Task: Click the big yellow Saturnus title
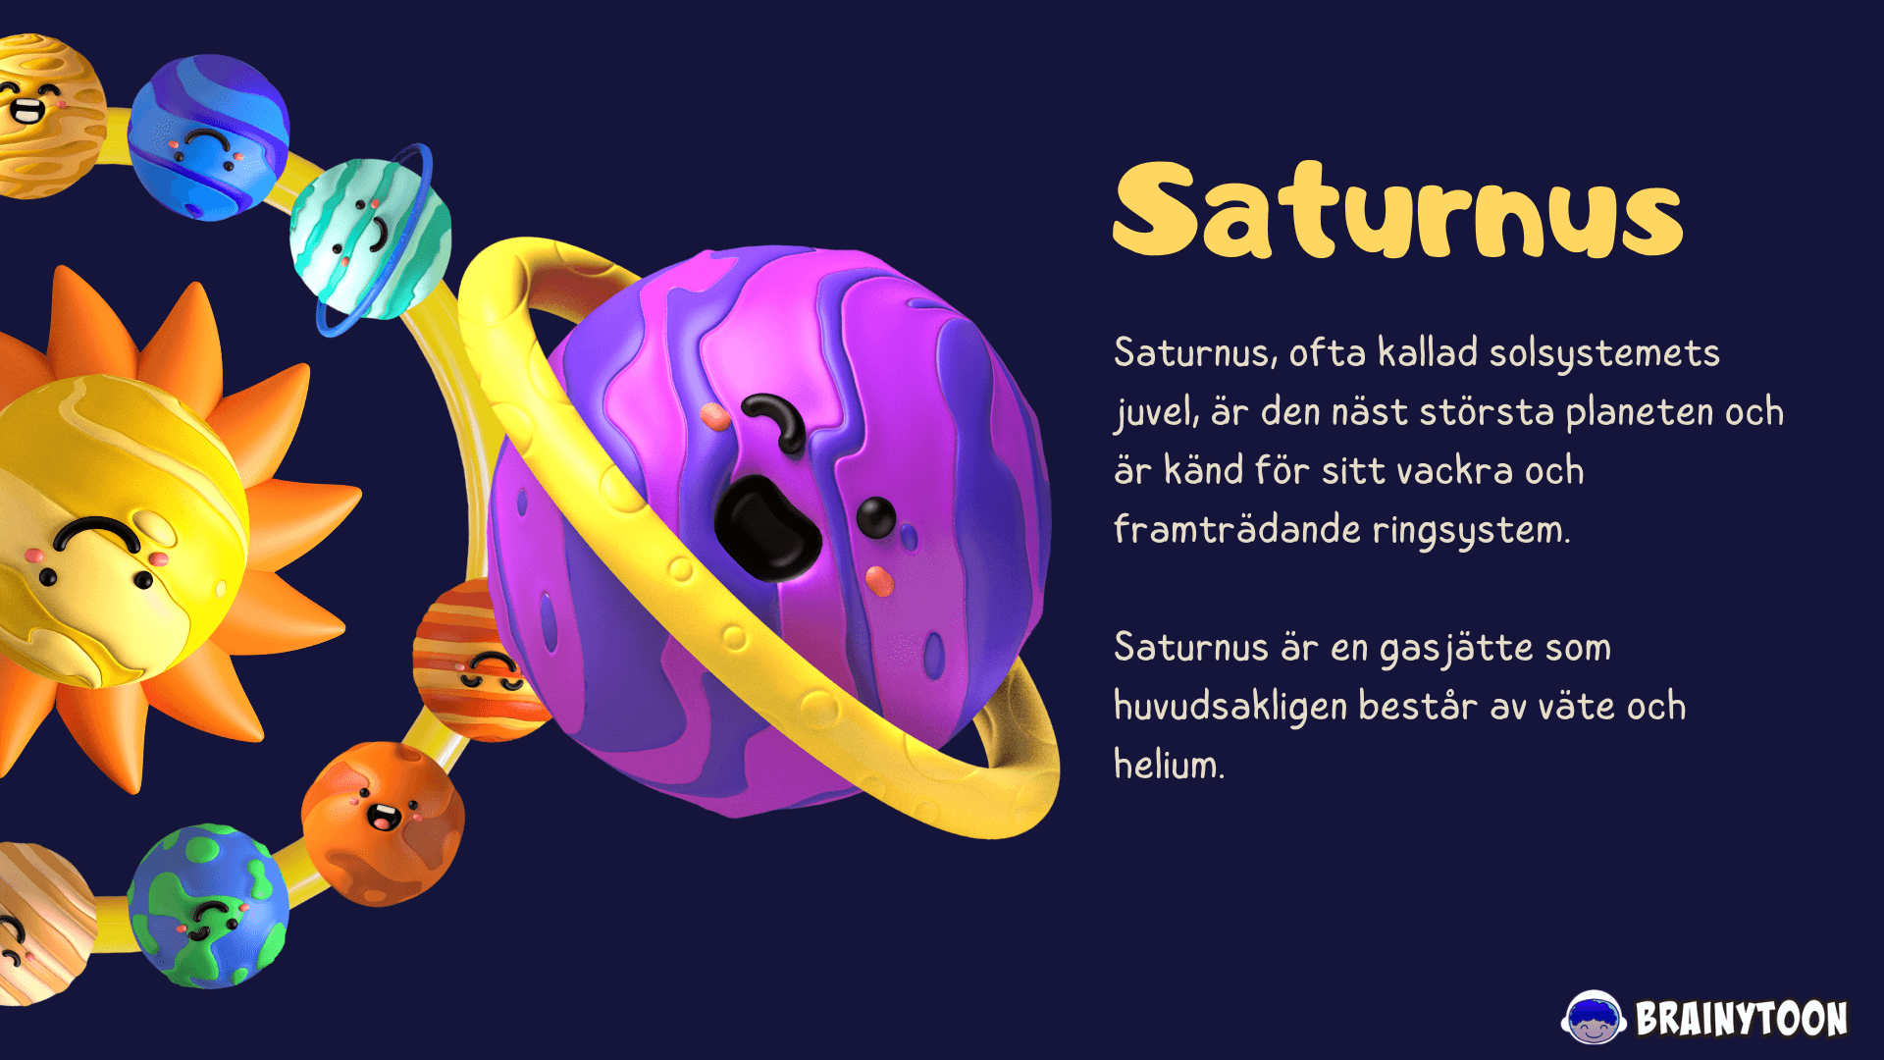1398,210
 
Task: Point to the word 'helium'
1168,765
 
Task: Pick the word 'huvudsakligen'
1230,707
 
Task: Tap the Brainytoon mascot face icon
1593,1018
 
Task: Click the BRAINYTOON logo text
1742,1019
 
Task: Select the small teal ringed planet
371,238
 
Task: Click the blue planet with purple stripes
209,137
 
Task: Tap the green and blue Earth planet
208,906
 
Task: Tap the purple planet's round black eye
875,517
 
